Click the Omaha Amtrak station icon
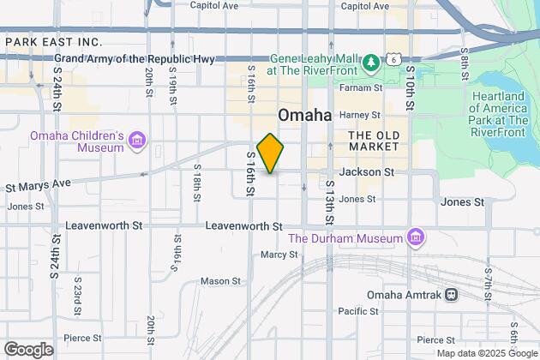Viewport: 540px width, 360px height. [452, 295]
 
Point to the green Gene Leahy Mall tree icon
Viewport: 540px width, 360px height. [371, 63]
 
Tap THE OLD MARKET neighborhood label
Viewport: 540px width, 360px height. [372, 141]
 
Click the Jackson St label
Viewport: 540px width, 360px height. [366, 172]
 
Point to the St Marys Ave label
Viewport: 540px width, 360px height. [39, 183]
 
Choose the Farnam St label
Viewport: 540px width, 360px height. [363, 88]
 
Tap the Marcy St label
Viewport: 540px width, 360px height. [279, 255]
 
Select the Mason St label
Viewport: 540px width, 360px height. [217, 280]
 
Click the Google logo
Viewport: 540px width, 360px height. [28, 350]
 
